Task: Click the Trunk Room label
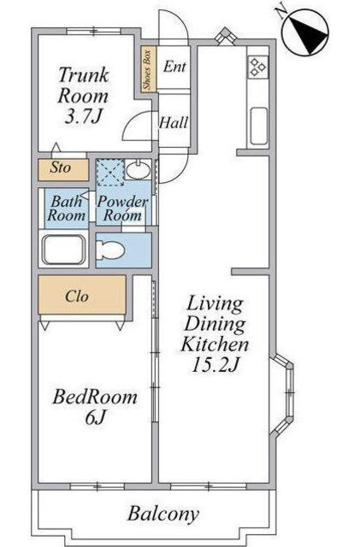pos(83,85)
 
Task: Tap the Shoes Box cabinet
pos(148,69)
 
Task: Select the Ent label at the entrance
pos(174,67)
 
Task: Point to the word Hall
pos(174,122)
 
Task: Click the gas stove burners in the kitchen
pos(257,67)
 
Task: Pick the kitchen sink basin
pos(259,126)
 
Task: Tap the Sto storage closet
pos(63,169)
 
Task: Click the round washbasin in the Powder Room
pos(138,170)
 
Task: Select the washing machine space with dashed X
pos(109,172)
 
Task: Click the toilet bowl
pos(109,250)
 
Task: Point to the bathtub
pos(63,250)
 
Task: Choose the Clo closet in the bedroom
pos(82,295)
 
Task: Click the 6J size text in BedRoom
pos(95,417)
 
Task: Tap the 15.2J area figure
pos(215,365)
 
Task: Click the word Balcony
pos(163,514)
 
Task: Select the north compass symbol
pos(304,32)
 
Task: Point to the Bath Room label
pos(67,208)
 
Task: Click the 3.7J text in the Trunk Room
pos(83,117)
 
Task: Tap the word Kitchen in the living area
pos(215,344)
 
